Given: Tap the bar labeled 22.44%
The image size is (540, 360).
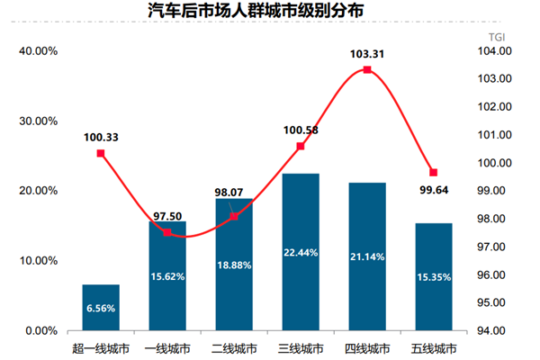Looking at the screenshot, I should pyautogui.click(x=301, y=251).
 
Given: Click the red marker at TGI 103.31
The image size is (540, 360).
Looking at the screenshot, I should pyautogui.click(x=367, y=69).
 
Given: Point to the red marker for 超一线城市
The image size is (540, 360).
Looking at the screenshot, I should pyautogui.click(x=101, y=153).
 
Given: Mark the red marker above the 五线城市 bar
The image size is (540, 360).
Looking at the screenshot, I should pyautogui.click(x=433, y=172).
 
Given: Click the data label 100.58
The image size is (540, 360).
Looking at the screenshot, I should pyautogui.click(x=301, y=130).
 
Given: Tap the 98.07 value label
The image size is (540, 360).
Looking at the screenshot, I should pyautogui.click(x=234, y=192).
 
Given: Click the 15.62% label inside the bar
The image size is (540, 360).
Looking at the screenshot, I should pyautogui.click(x=167, y=276).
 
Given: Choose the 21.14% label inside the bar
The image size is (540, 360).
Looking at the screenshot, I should pyautogui.click(x=367, y=256).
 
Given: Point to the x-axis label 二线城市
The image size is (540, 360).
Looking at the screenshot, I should pyautogui.click(x=234, y=347).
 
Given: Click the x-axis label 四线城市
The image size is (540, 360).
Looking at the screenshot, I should pyautogui.click(x=367, y=347).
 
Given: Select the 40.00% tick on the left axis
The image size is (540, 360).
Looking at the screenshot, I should pyautogui.click(x=39, y=51).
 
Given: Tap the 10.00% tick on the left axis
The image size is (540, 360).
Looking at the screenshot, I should pyautogui.click(x=39, y=261).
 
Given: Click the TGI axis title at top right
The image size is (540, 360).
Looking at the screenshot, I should pyautogui.click(x=497, y=35).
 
